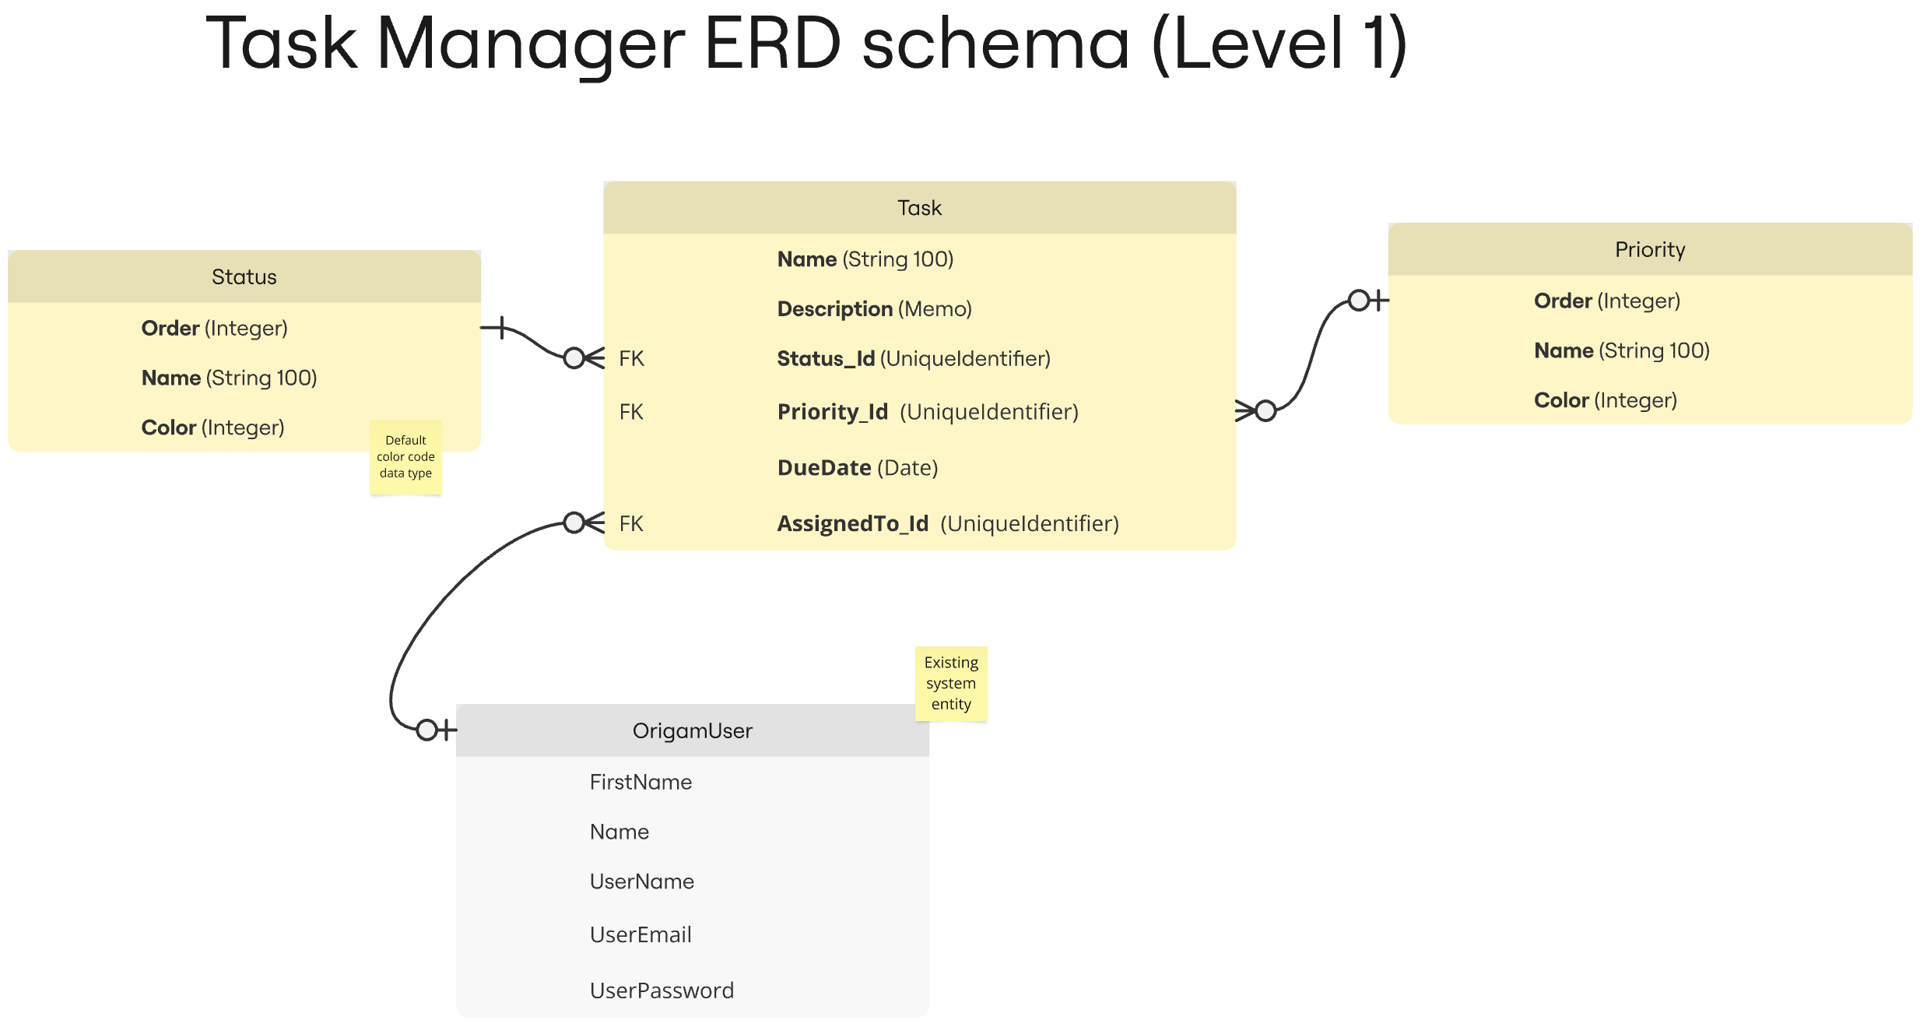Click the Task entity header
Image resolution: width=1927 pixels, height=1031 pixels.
(919, 208)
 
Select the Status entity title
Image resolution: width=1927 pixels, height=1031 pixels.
(244, 277)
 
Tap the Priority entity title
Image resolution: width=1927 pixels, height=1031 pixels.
(1650, 250)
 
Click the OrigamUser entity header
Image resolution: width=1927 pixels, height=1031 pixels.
(692, 730)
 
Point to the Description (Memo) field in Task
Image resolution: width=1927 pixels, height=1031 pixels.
(875, 309)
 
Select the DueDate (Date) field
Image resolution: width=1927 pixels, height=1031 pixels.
(858, 468)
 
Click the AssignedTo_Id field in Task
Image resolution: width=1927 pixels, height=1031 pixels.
(948, 524)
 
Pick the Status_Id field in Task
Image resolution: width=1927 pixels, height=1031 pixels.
(914, 359)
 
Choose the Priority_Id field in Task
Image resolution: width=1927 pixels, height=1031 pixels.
(928, 412)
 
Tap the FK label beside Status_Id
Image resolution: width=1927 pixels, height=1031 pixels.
(631, 359)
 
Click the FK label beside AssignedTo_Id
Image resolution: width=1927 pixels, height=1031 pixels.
(631, 524)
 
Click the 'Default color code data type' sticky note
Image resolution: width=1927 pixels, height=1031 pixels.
(405, 457)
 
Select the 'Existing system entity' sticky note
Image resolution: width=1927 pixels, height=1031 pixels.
(951, 684)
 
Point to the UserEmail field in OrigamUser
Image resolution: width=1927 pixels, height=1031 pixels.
(641, 934)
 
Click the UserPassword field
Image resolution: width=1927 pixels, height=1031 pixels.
(662, 991)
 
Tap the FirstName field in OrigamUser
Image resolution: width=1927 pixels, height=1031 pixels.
(641, 782)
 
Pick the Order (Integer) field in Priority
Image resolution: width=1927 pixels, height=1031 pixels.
(1607, 301)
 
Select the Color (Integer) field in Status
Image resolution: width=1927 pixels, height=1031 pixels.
(212, 428)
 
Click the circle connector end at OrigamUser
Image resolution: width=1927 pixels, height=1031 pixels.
(426, 730)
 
